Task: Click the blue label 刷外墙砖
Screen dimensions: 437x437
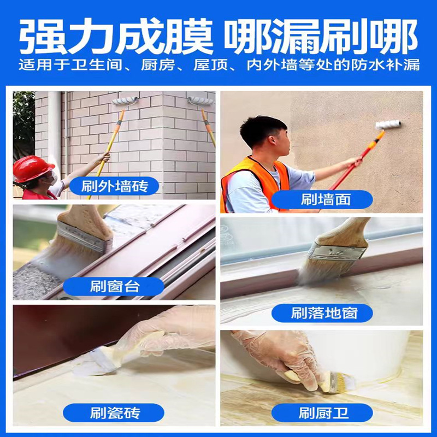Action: tap(114, 186)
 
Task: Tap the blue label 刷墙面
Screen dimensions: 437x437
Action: tap(322, 199)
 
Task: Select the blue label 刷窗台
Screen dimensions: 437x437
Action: tap(114, 286)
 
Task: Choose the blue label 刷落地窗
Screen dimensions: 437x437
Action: tap(322, 313)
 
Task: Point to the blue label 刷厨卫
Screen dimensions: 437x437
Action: tap(322, 413)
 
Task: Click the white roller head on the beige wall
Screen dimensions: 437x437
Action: tap(388, 125)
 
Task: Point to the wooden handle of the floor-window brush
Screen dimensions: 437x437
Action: tap(346, 233)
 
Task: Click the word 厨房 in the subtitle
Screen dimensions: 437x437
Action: tap(158, 65)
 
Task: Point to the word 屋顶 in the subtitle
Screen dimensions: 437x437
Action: tap(211, 65)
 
